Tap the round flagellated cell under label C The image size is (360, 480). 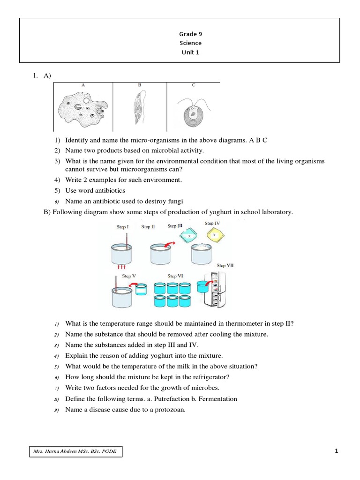point(193,115)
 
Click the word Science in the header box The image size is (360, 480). point(190,43)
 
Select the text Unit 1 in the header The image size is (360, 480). point(190,52)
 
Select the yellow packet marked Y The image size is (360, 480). point(214,234)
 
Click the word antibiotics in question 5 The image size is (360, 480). point(109,191)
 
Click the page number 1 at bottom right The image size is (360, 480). point(336,451)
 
